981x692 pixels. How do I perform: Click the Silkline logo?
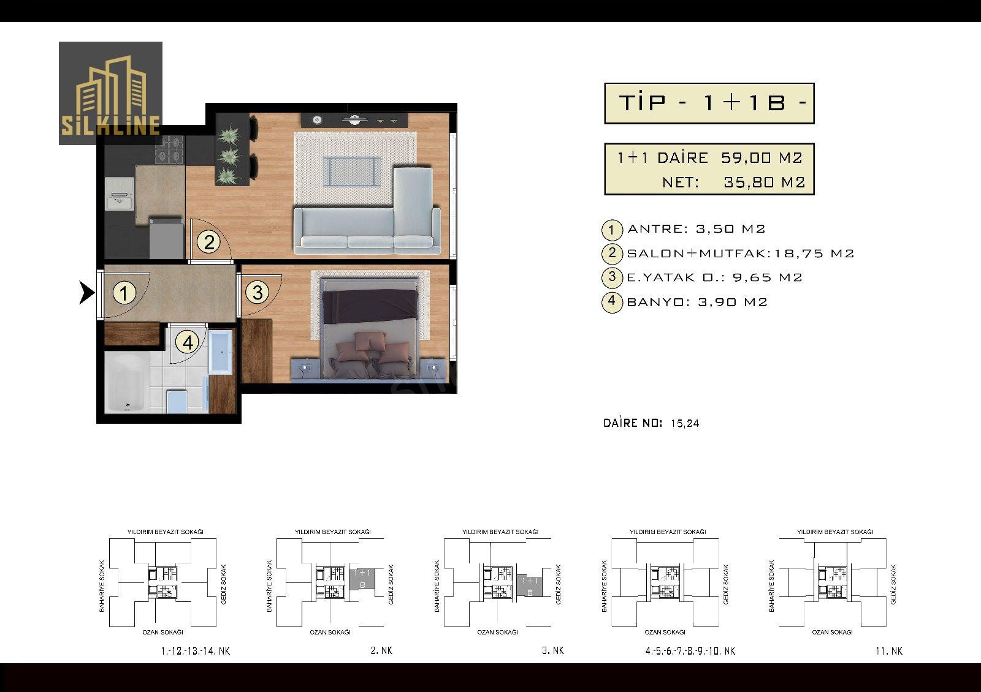110,93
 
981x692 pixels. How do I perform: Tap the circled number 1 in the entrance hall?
124,293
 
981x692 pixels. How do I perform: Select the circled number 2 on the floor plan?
208,242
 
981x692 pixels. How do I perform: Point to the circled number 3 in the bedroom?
258,293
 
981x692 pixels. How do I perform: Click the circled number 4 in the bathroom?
188,342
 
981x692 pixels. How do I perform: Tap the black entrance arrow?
86,293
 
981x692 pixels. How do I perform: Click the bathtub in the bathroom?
126,383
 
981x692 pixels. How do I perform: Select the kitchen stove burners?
170,149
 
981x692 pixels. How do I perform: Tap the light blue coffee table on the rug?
351,171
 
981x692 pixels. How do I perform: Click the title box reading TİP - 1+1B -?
709,103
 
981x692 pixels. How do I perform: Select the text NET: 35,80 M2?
733,182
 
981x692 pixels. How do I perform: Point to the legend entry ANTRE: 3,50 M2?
696,229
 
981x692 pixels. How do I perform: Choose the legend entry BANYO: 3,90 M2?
697,303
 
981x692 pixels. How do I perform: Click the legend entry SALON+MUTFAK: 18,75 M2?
741,254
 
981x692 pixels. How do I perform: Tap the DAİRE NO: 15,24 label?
651,423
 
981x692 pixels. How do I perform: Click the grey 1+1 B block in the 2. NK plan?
362,579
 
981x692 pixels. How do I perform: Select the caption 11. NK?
889,651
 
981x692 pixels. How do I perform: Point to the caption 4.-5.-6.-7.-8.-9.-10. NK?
690,651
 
